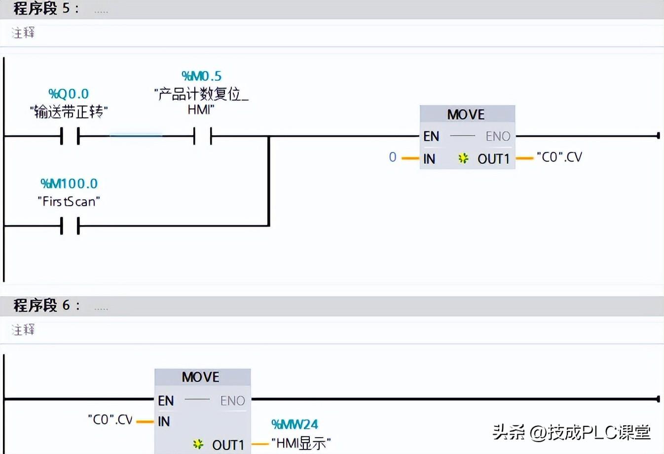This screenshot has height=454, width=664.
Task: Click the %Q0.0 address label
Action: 69,94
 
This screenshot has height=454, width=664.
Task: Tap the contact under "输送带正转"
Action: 70,136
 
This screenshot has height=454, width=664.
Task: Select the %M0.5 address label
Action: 201,76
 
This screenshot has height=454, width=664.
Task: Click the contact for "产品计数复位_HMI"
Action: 203,136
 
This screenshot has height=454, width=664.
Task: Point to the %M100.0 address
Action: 69,184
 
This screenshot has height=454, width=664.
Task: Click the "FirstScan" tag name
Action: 69,201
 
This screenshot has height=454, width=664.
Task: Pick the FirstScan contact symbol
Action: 70,226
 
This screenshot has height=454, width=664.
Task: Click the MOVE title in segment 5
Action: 466,114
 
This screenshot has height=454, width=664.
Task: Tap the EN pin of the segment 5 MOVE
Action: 431,136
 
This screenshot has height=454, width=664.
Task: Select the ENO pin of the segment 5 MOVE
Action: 498,136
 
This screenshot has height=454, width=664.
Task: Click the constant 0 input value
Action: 392,157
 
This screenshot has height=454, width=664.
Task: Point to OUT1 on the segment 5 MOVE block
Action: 493,159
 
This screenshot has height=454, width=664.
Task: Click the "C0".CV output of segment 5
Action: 559,157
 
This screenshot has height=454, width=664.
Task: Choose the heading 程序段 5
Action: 41,8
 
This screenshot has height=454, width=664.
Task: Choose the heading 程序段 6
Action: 41,305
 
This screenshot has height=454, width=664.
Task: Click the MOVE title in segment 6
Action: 200,377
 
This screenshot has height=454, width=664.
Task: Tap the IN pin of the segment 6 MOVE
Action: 164,421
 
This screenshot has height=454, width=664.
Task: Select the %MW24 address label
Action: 295,424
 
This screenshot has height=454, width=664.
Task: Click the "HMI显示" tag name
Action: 301,443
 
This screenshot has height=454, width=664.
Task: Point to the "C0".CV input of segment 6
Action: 110,420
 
